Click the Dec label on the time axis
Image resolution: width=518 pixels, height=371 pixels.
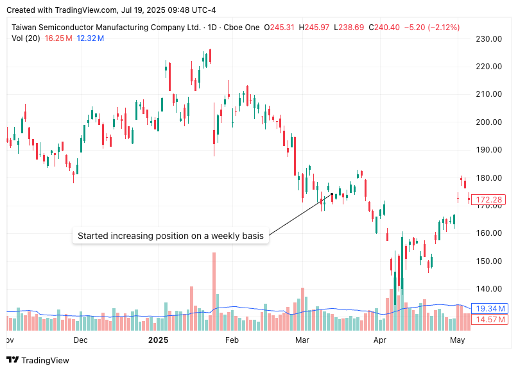pyautogui.click(x=80, y=340)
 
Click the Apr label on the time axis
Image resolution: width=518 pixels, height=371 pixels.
pyautogui.click(x=381, y=340)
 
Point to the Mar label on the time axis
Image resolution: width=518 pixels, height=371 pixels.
pyautogui.click(x=302, y=340)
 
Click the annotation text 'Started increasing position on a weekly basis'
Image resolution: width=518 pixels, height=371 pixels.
pyautogui.click(x=170, y=236)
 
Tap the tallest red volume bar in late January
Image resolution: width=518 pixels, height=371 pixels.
pyautogui.click(x=214, y=283)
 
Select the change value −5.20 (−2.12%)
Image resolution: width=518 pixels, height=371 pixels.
pyautogui.click(x=433, y=28)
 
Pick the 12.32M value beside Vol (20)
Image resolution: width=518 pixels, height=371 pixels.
pyautogui.click(x=90, y=38)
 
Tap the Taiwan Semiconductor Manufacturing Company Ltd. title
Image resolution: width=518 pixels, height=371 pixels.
pyautogui.click(x=106, y=28)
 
